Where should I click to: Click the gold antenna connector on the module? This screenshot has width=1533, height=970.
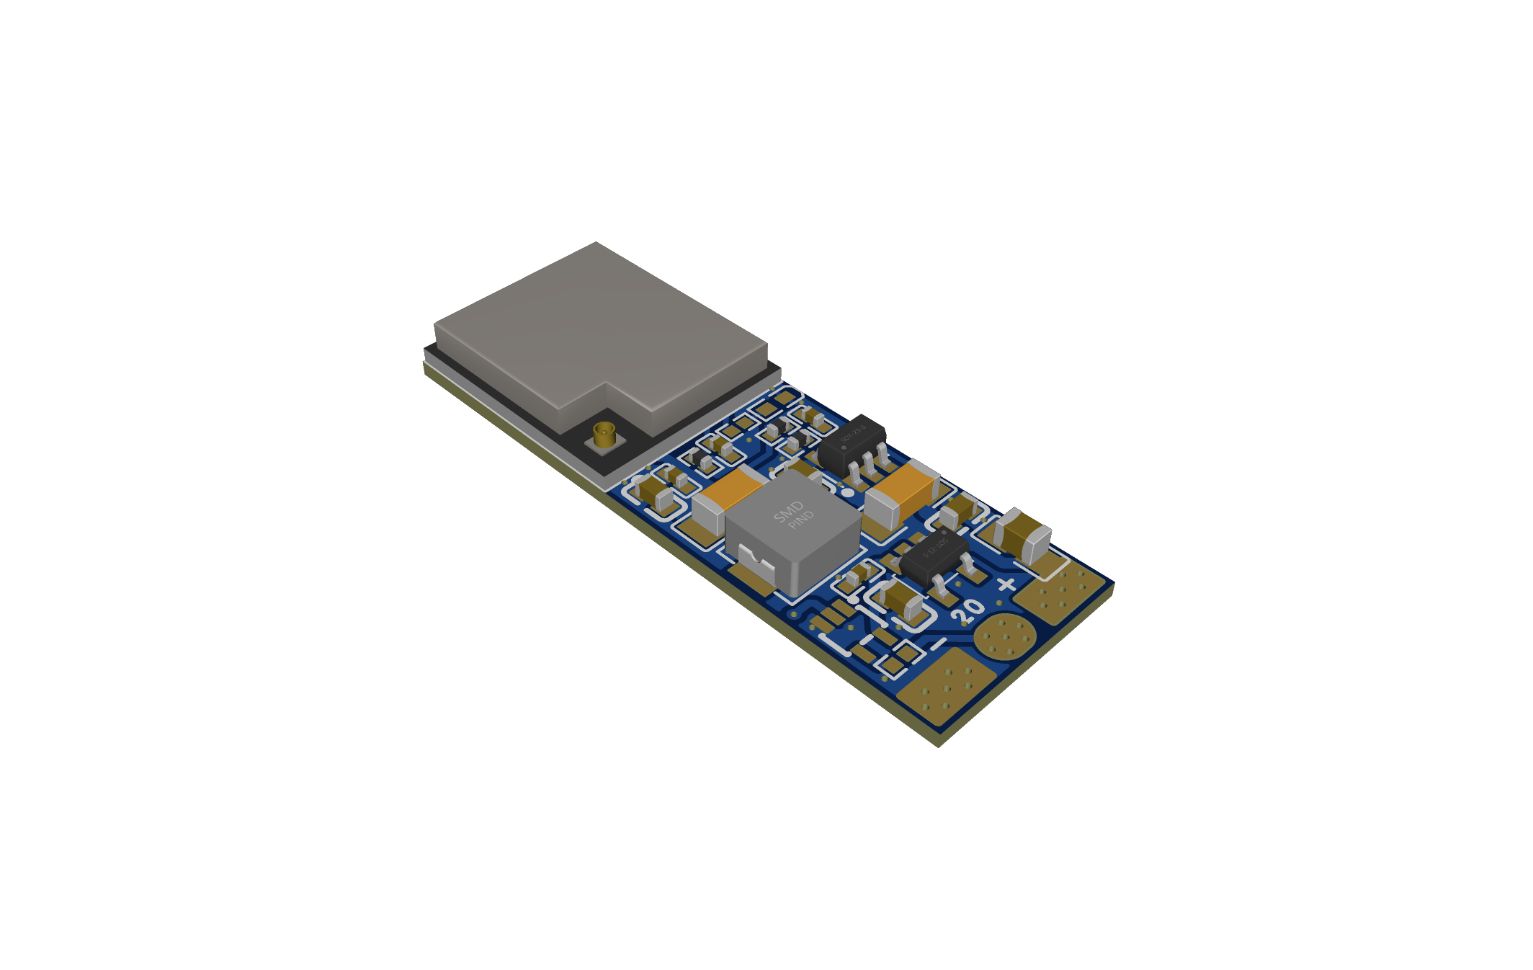(604, 435)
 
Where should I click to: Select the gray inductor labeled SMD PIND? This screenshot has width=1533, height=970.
(792, 530)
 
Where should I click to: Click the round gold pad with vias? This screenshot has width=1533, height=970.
(1004, 636)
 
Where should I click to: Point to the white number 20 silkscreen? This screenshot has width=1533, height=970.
(967, 610)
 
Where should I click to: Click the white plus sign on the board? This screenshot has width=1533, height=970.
(1006, 584)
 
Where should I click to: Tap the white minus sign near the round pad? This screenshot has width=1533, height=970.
(937, 643)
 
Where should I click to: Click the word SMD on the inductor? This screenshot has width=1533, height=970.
(788, 511)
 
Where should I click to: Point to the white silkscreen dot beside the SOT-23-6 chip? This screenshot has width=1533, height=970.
(848, 493)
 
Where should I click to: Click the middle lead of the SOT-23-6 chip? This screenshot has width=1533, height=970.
(869, 466)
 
